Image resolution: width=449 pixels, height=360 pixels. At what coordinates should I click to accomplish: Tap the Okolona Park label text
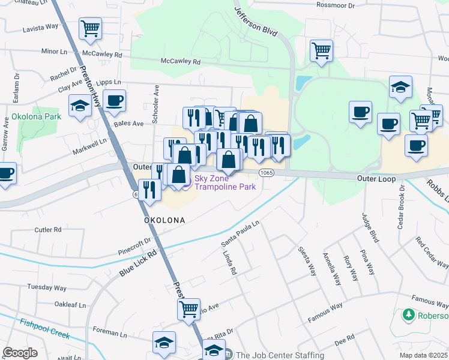point(34,116)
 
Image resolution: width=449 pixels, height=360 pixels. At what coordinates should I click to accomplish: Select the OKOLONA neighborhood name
point(164,220)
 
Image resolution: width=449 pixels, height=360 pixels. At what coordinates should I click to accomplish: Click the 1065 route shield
point(267,173)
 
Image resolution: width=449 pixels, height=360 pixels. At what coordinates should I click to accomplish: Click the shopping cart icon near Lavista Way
point(90,27)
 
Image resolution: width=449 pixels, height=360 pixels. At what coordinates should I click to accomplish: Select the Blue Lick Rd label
point(137,262)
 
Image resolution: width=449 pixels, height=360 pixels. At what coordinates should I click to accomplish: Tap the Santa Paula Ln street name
point(240,232)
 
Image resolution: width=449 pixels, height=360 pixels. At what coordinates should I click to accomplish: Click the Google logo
point(20,353)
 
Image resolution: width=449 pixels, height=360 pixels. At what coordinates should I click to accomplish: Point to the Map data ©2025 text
point(424,355)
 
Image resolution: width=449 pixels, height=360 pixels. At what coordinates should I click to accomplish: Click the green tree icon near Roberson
point(408,315)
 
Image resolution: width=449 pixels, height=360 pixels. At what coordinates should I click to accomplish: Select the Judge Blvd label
point(370,227)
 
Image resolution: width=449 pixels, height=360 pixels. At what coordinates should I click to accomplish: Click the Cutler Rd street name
point(48,229)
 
